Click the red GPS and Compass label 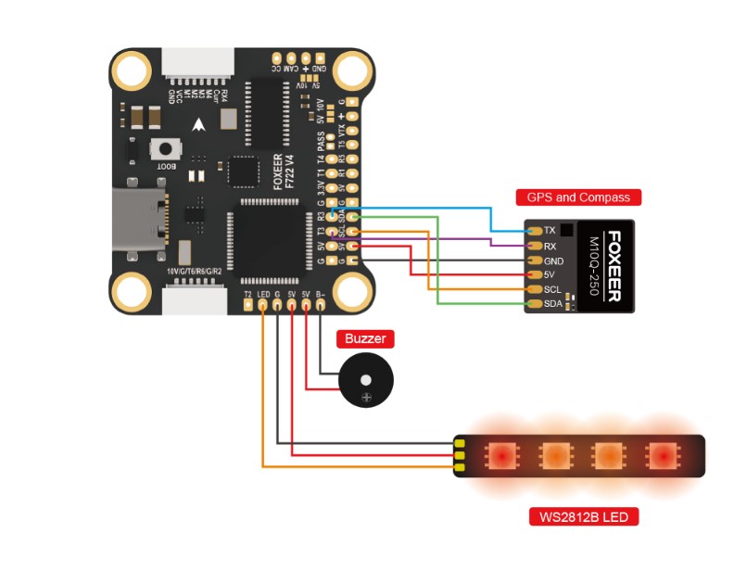pyautogui.click(x=578, y=197)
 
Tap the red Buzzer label pyautogui.click(x=364, y=338)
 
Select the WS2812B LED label pyautogui.click(x=583, y=516)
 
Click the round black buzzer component pyautogui.click(x=364, y=382)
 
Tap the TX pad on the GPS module pyautogui.click(x=532, y=230)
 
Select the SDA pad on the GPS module pyautogui.click(x=532, y=304)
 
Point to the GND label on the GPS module pyautogui.click(x=553, y=260)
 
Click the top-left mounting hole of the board pyautogui.click(x=131, y=70)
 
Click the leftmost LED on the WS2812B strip pyautogui.click(x=500, y=455)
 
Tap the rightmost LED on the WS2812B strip pyautogui.click(x=662, y=455)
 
